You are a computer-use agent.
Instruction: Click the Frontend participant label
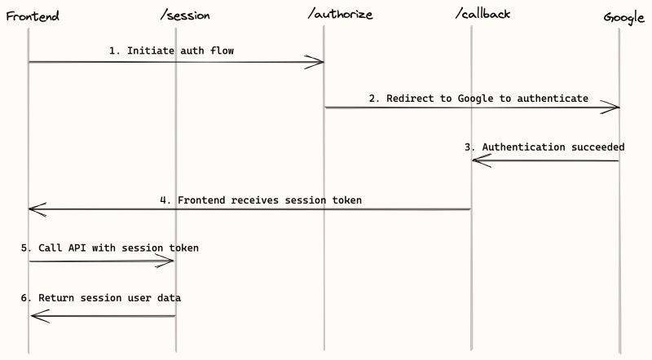32,16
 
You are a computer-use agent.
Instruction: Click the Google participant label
624,17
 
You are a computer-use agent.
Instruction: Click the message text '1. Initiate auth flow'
172,50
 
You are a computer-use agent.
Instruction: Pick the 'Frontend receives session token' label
260,200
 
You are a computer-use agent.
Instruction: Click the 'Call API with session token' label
109,248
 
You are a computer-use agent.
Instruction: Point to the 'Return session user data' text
100,298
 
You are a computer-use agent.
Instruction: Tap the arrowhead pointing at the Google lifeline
613,108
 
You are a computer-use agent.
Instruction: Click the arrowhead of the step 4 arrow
36,209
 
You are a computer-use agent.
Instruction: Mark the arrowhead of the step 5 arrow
168,261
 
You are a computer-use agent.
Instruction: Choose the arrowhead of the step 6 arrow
37,316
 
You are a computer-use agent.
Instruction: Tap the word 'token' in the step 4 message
345,200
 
